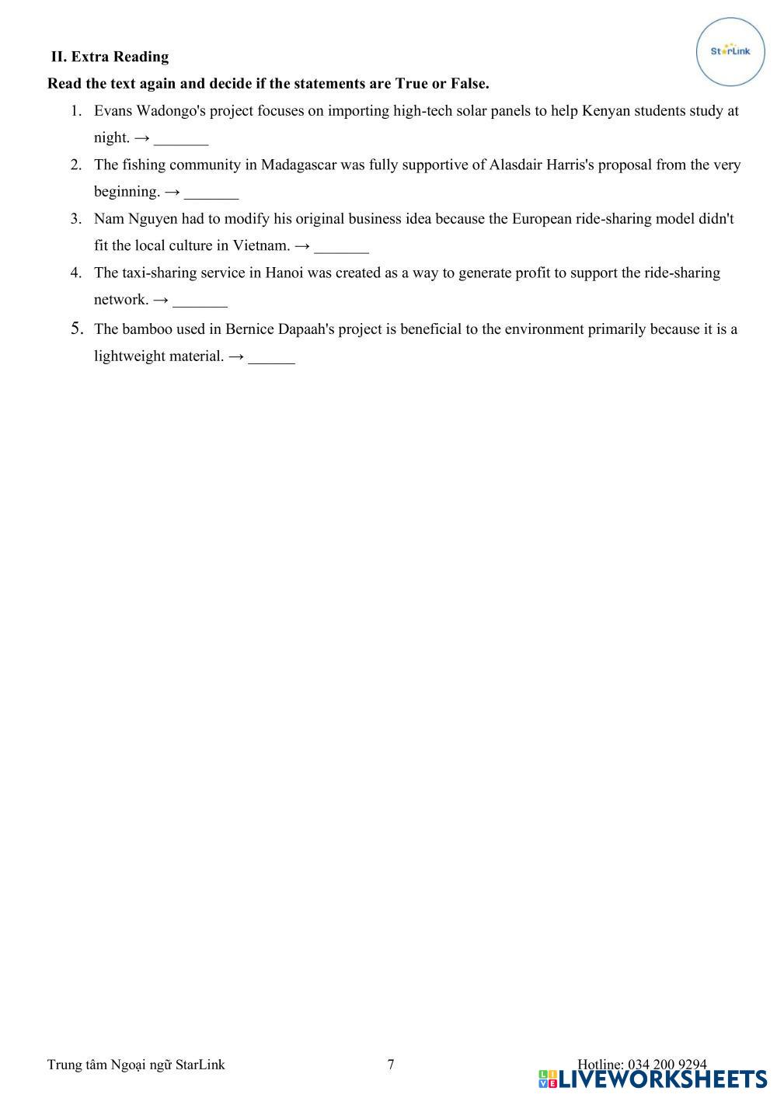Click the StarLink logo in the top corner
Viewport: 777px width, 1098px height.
click(730, 51)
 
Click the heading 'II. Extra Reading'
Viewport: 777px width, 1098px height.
click(110, 57)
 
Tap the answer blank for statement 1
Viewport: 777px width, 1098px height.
click(181, 139)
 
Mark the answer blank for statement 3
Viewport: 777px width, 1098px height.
click(342, 247)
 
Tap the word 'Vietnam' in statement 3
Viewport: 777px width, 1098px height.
click(261, 245)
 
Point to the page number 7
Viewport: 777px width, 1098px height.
click(391, 1064)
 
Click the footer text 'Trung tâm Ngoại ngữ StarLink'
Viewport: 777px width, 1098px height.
click(136, 1064)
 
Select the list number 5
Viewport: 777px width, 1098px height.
click(77, 328)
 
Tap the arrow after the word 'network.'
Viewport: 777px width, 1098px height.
click(161, 300)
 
